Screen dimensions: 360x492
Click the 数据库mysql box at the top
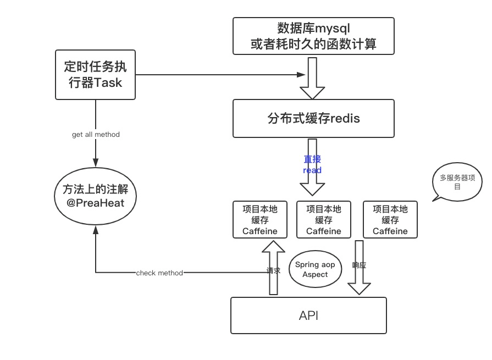(x=313, y=36)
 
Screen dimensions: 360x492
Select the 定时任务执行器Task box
(x=96, y=75)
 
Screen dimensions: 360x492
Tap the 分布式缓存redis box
(x=313, y=118)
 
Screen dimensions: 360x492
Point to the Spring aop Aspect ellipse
(x=315, y=269)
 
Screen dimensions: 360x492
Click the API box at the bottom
(x=308, y=315)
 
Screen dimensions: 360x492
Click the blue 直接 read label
(x=312, y=165)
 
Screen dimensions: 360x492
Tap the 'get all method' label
(x=96, y=134)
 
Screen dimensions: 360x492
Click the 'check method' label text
(x=159, y=273)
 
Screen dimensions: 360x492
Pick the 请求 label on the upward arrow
(x=273, y=270)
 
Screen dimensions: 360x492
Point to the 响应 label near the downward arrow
(x=359, y=265)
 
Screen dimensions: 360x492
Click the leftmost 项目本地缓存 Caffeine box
(x=260, y=219)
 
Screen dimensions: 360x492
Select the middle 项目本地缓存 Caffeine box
(x=324, y=219)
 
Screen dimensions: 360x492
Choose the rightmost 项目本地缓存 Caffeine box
(x=390, y=219)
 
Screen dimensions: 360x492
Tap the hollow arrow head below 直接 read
(x=312, y=187)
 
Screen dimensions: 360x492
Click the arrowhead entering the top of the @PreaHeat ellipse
(x=96, y=163)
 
